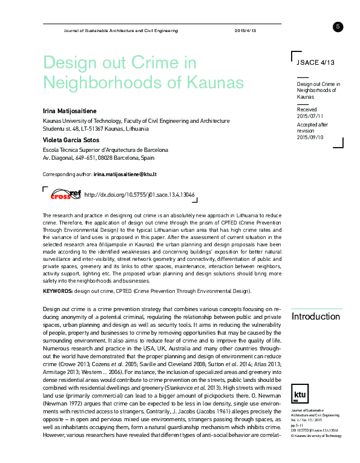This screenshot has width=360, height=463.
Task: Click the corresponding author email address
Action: point(125,174)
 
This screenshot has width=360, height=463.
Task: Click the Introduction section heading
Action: point(315,317)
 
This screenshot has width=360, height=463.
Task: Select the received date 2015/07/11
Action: point(310,115)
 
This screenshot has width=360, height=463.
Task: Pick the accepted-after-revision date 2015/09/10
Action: point(310,137)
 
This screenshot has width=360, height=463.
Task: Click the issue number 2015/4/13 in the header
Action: point(246,30)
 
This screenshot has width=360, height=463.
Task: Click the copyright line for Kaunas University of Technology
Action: point(316,418)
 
